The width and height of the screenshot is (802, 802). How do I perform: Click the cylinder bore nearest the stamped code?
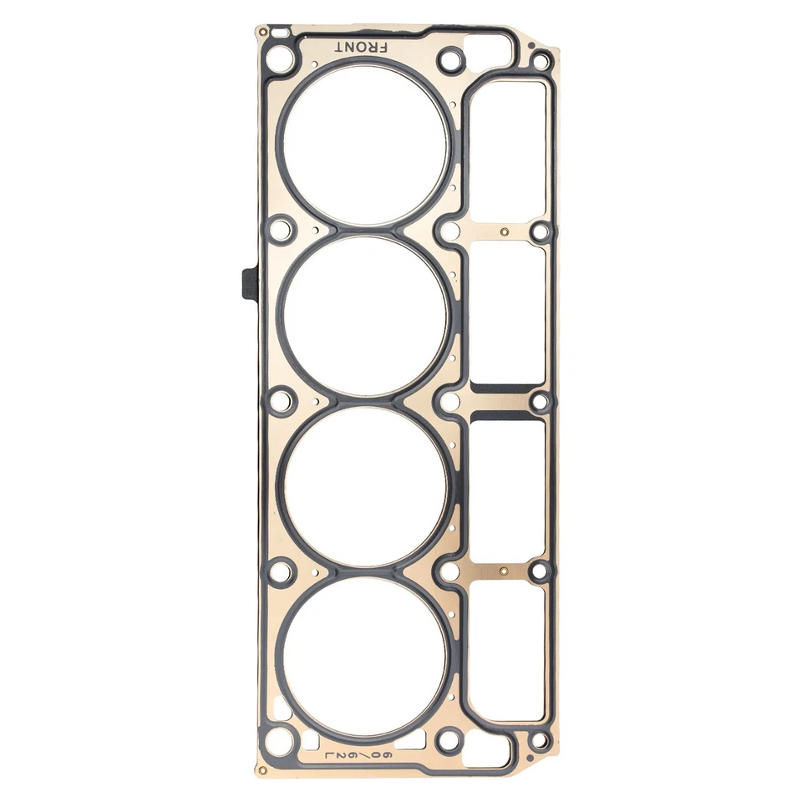point(367,656)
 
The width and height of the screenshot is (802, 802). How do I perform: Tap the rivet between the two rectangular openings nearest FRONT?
point(504,231)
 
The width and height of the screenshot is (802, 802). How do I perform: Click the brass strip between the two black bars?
point(504,402)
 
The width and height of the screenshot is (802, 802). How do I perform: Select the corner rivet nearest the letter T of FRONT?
point(262,32)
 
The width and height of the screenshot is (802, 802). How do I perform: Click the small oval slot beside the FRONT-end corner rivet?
point(280,33)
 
